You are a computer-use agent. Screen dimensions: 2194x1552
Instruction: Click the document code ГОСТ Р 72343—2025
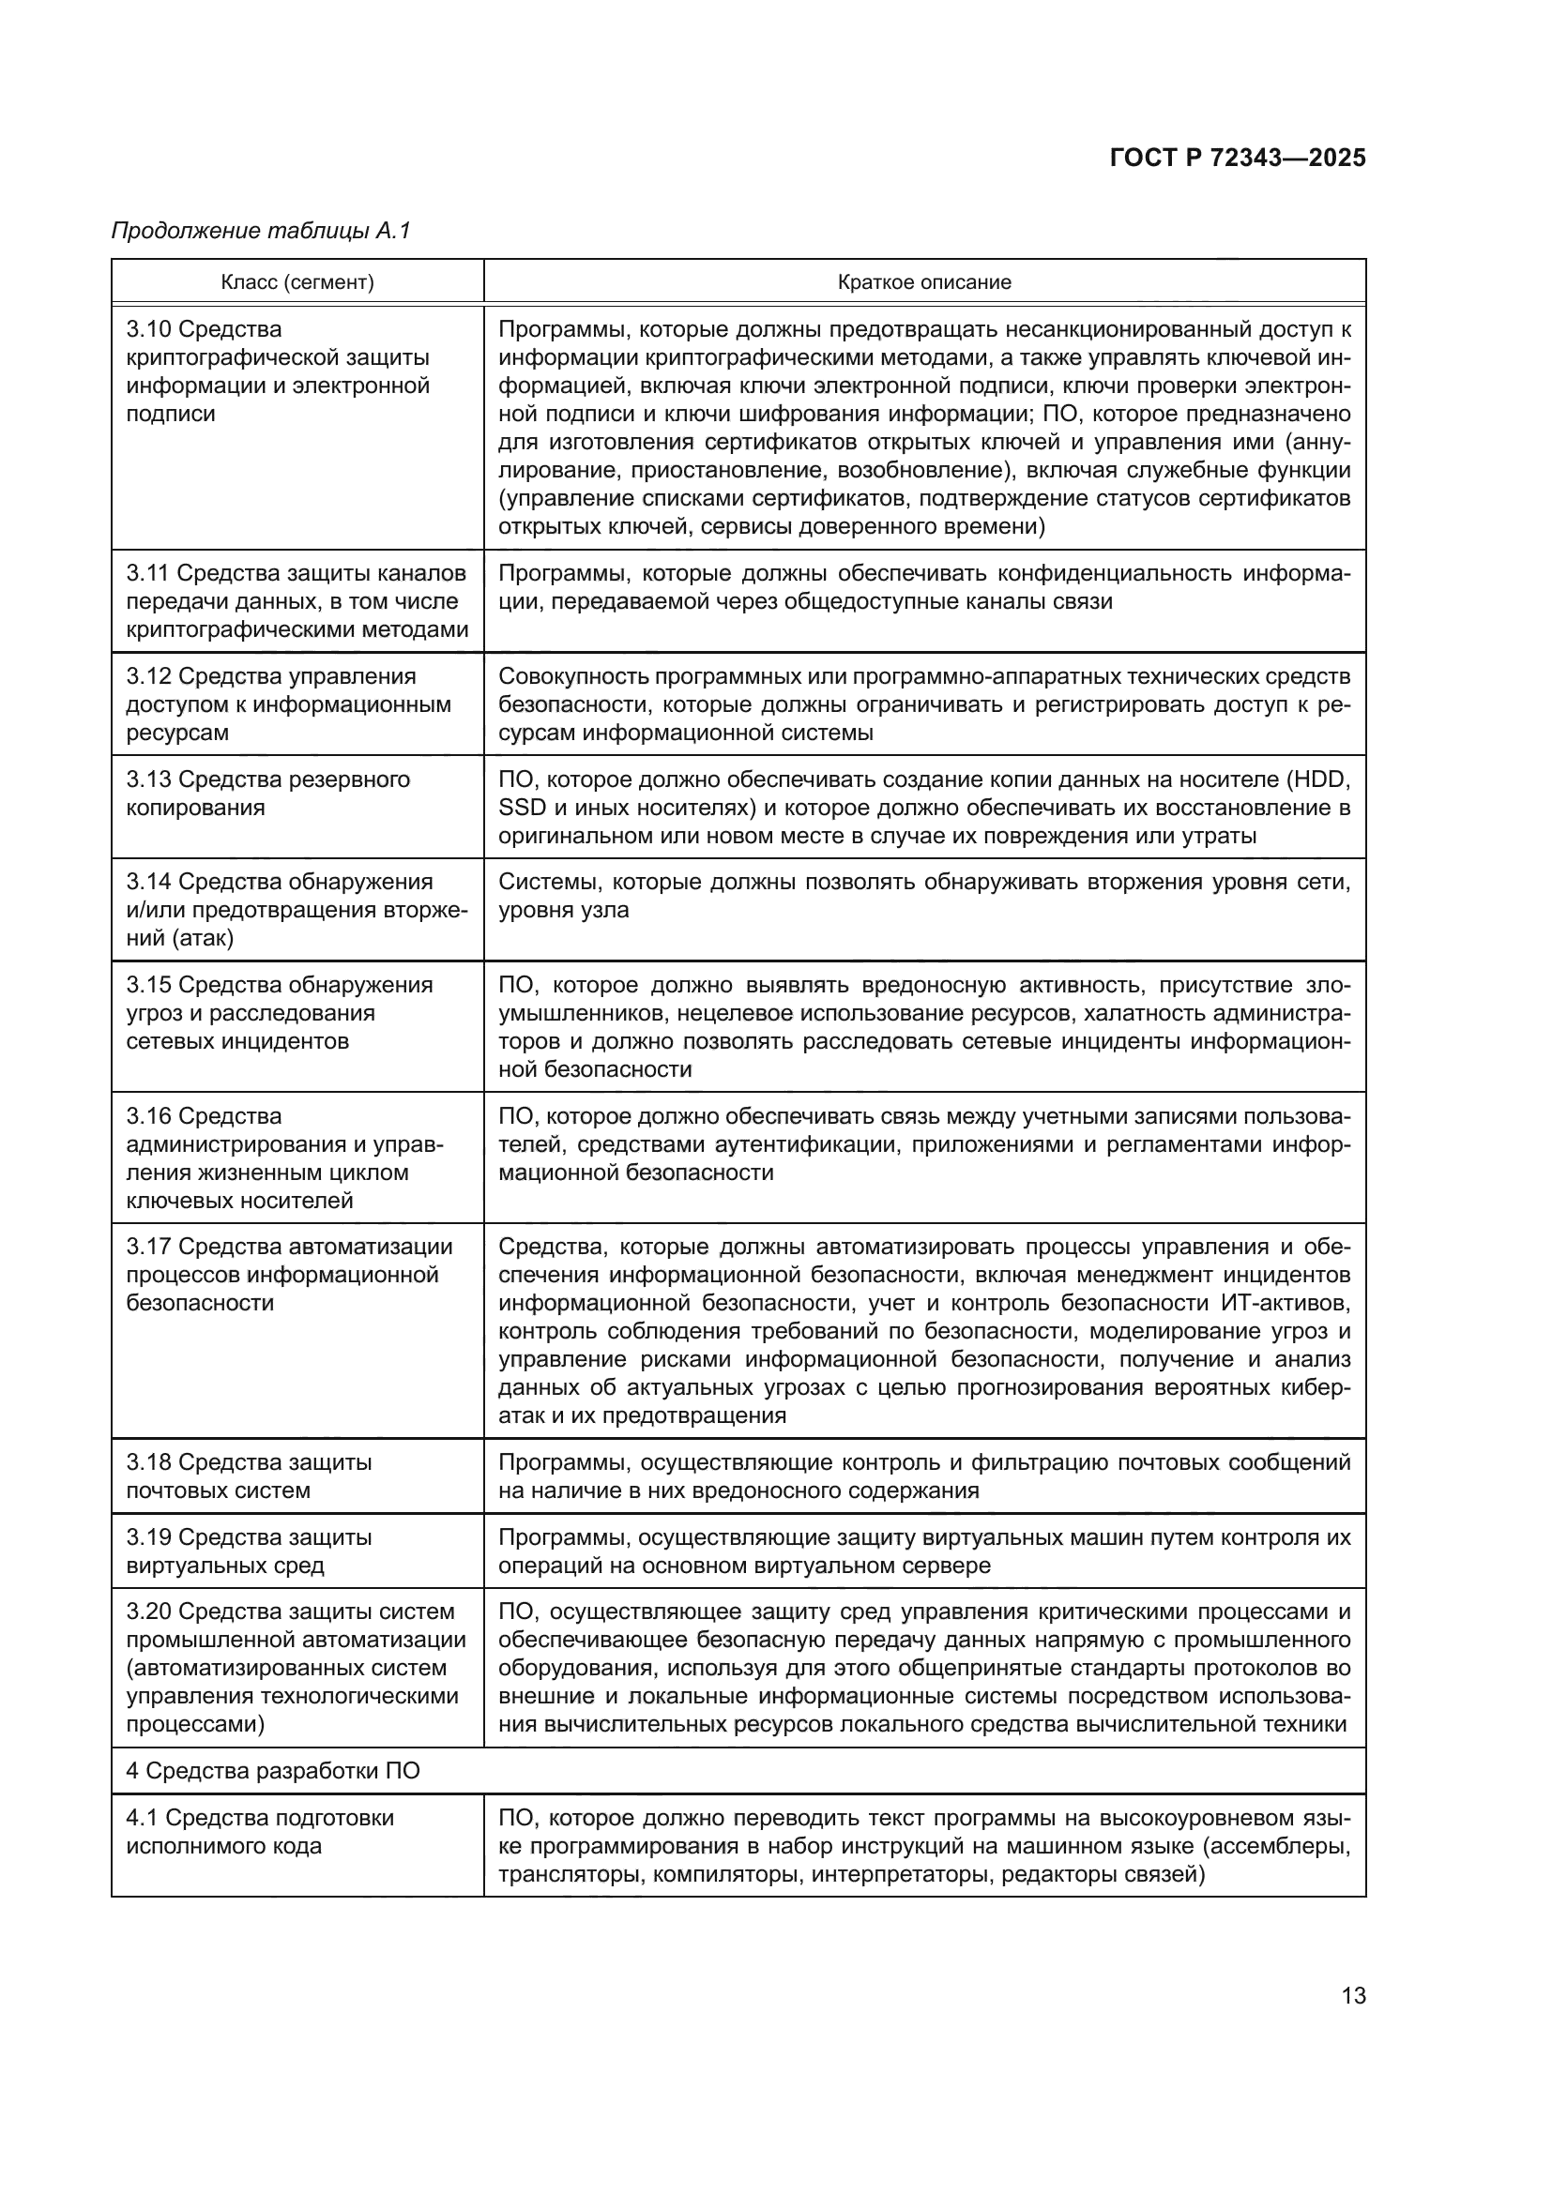point(1237,159)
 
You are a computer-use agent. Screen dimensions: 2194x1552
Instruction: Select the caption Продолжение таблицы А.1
point(260,231)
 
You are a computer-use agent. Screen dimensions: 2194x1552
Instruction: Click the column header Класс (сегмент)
point(297,282)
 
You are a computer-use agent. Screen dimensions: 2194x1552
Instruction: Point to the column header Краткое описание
point(923,282)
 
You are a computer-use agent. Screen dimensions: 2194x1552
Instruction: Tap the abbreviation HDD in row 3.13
point(1321,779)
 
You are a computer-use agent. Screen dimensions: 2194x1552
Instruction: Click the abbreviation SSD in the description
point(522,808)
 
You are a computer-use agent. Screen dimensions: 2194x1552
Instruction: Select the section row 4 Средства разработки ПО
point(272,1771)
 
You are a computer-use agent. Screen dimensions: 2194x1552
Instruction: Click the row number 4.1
point(142,1819)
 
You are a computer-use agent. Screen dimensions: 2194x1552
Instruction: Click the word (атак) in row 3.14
point(204,938)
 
